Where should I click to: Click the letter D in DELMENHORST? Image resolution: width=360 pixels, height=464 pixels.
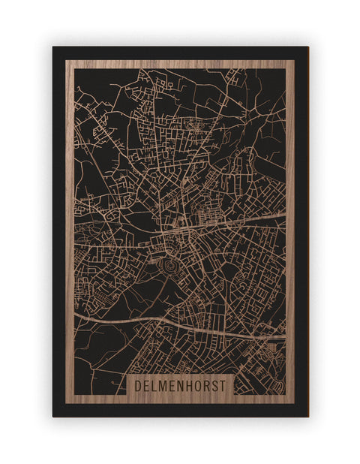tap(139, 384)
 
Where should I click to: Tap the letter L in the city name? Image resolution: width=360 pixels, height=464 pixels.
tap(154, 384)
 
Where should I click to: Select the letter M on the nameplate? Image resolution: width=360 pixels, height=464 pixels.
tap(163, 384)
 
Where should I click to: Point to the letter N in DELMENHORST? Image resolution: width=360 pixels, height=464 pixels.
tap(181, 384)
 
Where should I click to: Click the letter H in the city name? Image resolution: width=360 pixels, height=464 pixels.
tap(190, 384)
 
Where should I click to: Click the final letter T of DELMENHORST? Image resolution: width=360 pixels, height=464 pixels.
tap(225, 384)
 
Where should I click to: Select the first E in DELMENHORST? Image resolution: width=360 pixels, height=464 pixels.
tap(147, 384)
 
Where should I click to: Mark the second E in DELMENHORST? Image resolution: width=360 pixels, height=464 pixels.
tap(173, 384)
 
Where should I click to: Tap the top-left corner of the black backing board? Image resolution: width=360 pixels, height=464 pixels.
tap(54, 48)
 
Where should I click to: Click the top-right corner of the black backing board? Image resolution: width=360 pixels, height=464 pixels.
tap(307, 48)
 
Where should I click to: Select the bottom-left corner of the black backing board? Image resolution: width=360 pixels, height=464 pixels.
tap(54, 415)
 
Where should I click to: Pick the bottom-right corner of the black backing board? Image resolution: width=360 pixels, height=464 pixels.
tap(307, 415)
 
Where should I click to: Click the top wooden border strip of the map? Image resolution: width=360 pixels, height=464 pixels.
tap(180, 64)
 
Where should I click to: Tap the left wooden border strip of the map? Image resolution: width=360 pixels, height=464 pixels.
tap(70, 225)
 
